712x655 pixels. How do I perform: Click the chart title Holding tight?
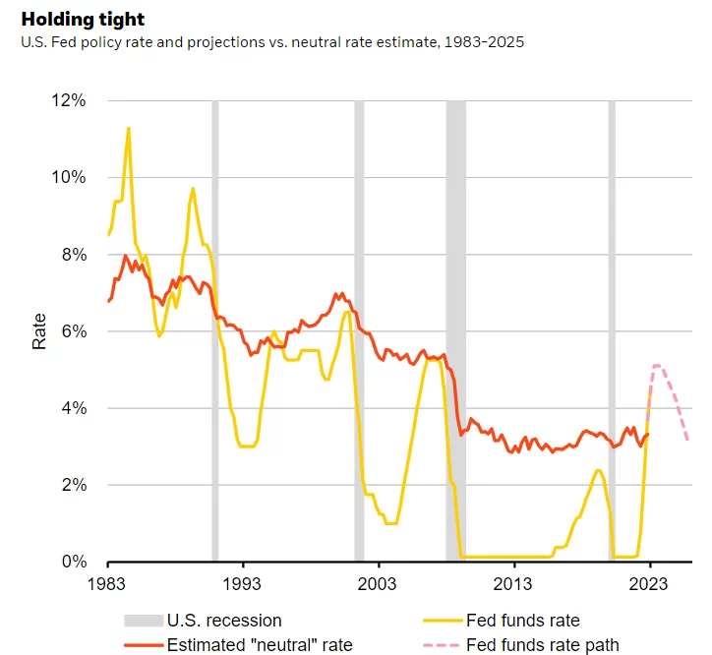point(83,19)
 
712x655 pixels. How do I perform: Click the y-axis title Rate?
point(39,331)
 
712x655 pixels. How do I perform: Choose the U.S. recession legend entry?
point(223,621)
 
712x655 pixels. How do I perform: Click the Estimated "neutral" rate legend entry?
point(259,645)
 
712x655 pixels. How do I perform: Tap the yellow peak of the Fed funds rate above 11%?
point(128,128)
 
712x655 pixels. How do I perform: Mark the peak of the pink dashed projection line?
point(657,366)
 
